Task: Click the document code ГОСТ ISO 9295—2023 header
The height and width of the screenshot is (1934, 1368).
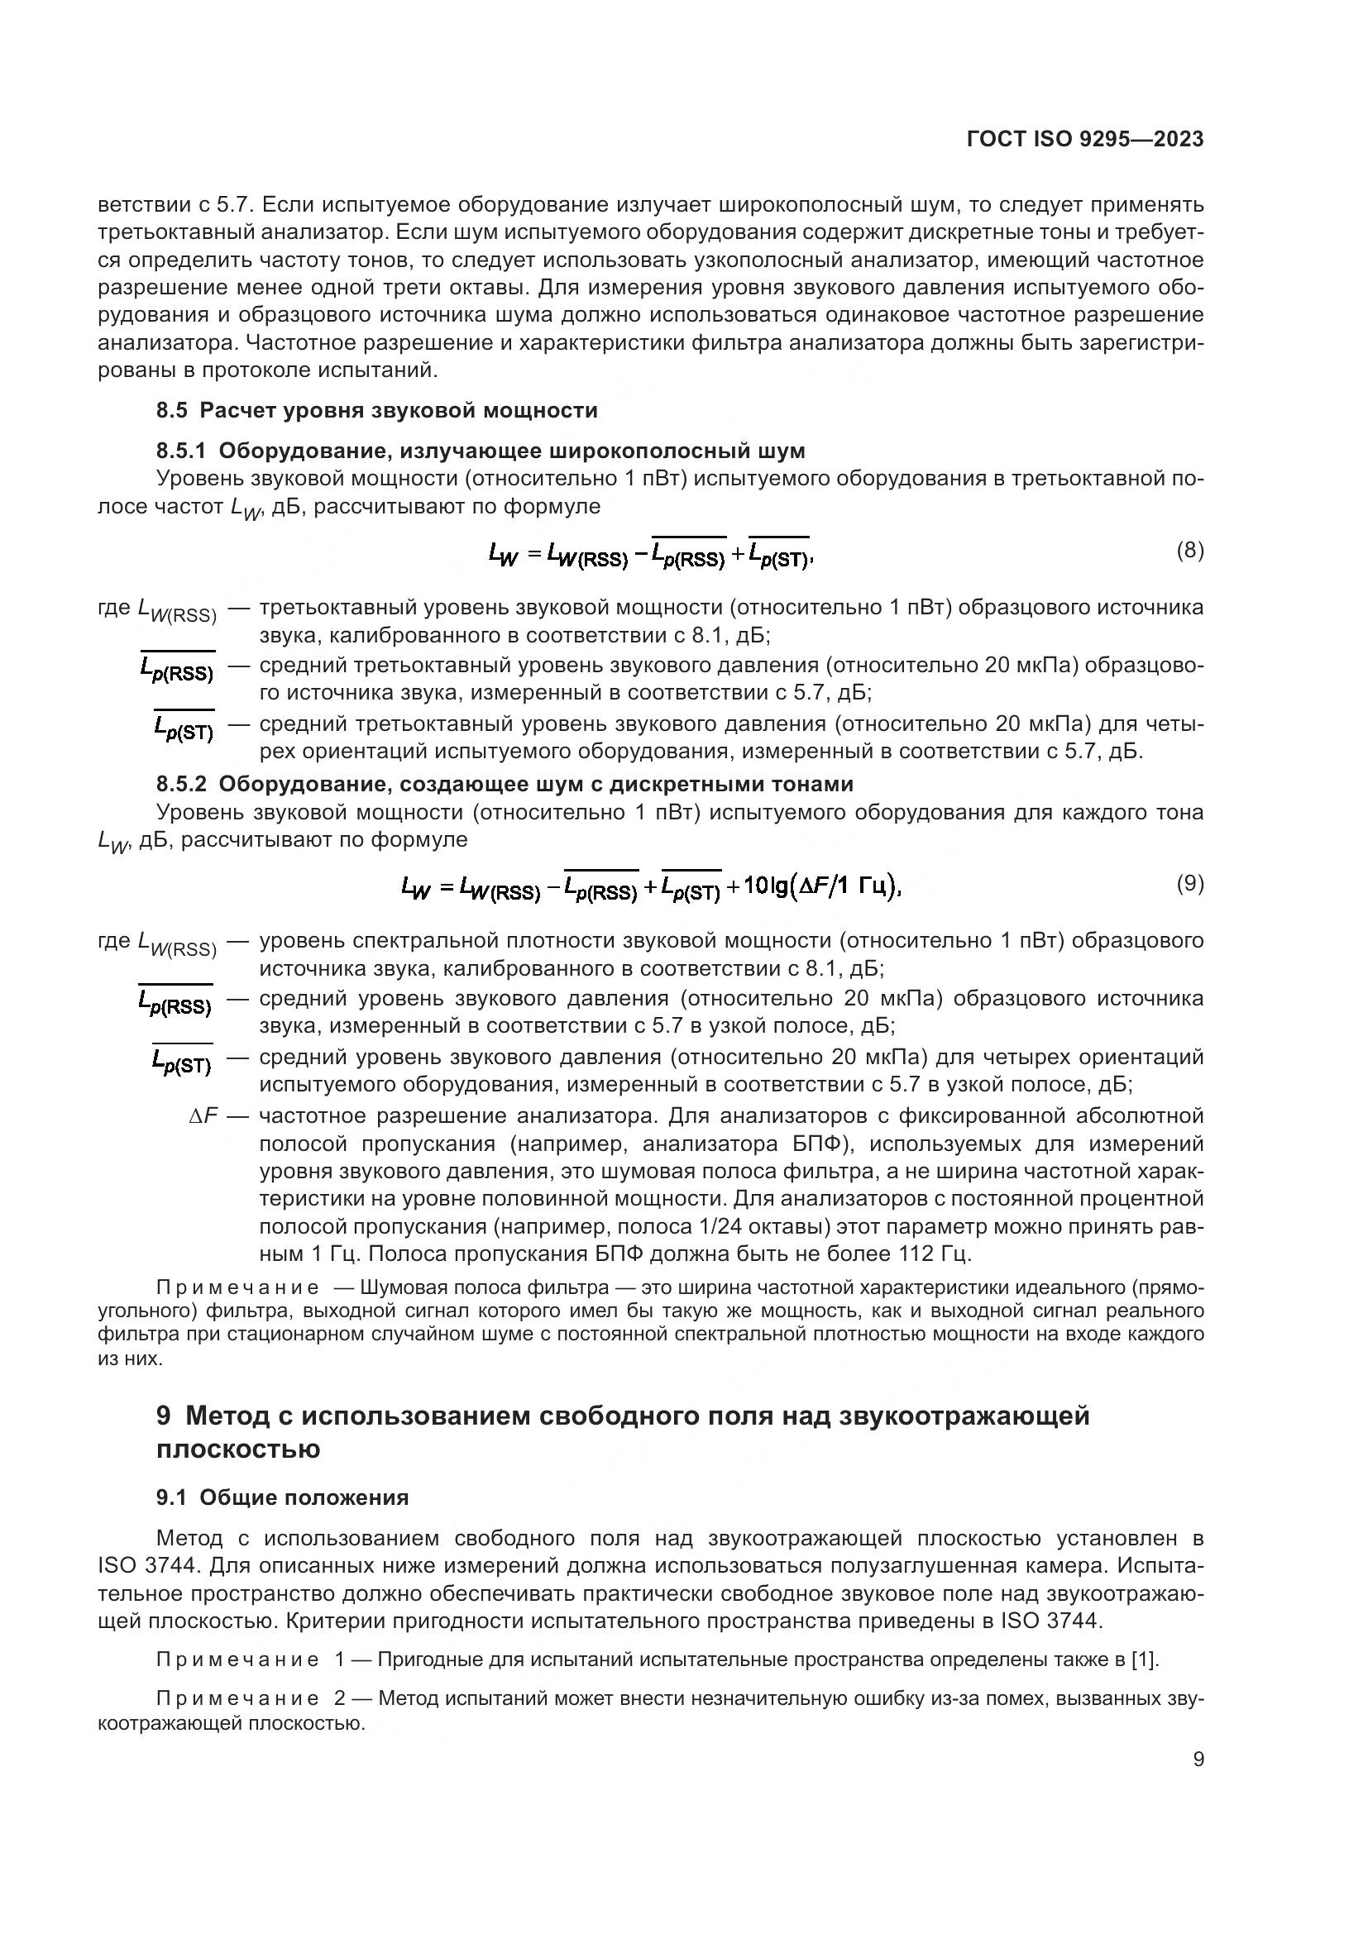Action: coord(1085,139)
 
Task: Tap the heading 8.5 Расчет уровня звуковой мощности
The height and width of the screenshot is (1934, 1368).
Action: coord(376,410)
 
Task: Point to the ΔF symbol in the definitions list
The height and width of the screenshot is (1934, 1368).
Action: coord(203,1115)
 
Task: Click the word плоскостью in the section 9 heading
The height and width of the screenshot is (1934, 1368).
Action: coord(238,1449)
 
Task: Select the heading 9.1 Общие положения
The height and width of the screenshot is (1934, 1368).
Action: coord(282,1497)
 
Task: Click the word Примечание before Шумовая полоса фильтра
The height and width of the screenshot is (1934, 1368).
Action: coord(237,1287)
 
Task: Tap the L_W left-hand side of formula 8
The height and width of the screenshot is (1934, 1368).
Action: coord(503,554)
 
